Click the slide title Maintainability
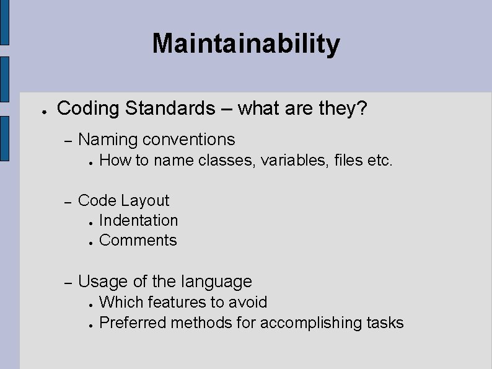click(246, 43)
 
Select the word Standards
click(169, 109)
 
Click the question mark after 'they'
click(362, 109)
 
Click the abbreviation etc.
click(380, 161)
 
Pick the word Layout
click(146, 200)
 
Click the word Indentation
click(138, 220)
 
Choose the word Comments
click(138, 240)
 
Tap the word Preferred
click(133, 323)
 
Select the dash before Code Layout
click(69, 202)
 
